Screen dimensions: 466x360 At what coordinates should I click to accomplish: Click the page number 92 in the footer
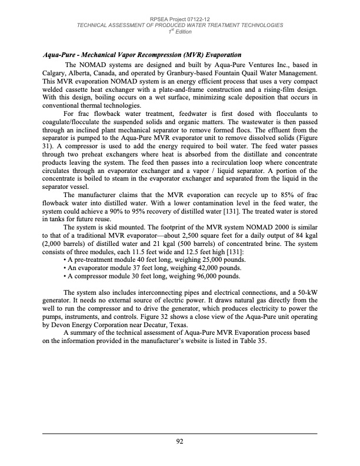(x=180, y=441)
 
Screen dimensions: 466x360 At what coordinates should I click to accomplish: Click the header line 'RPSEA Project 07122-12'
(x=180, y=19)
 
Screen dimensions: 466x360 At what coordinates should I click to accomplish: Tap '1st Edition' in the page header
(x=180, y=31)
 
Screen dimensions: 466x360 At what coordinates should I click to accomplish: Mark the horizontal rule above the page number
(x=180, y=434)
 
